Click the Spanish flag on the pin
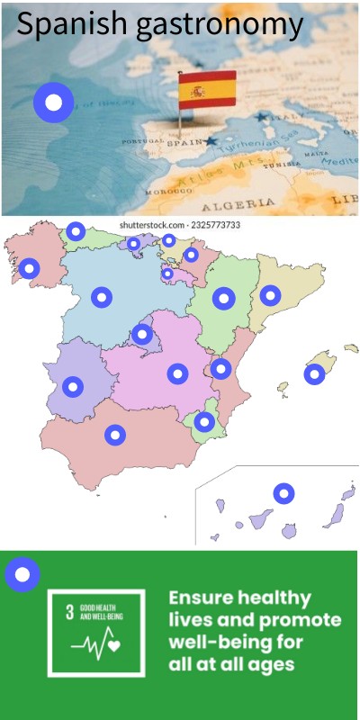207,89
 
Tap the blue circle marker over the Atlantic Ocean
53,103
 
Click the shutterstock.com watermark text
179,225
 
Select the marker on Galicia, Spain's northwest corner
30,268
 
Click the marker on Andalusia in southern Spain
114,435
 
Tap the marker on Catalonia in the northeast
270,294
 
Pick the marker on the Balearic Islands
314,373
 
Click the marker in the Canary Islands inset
284,493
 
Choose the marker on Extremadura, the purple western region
73,386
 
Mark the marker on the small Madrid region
142,335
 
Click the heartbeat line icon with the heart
97,644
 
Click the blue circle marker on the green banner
22,573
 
